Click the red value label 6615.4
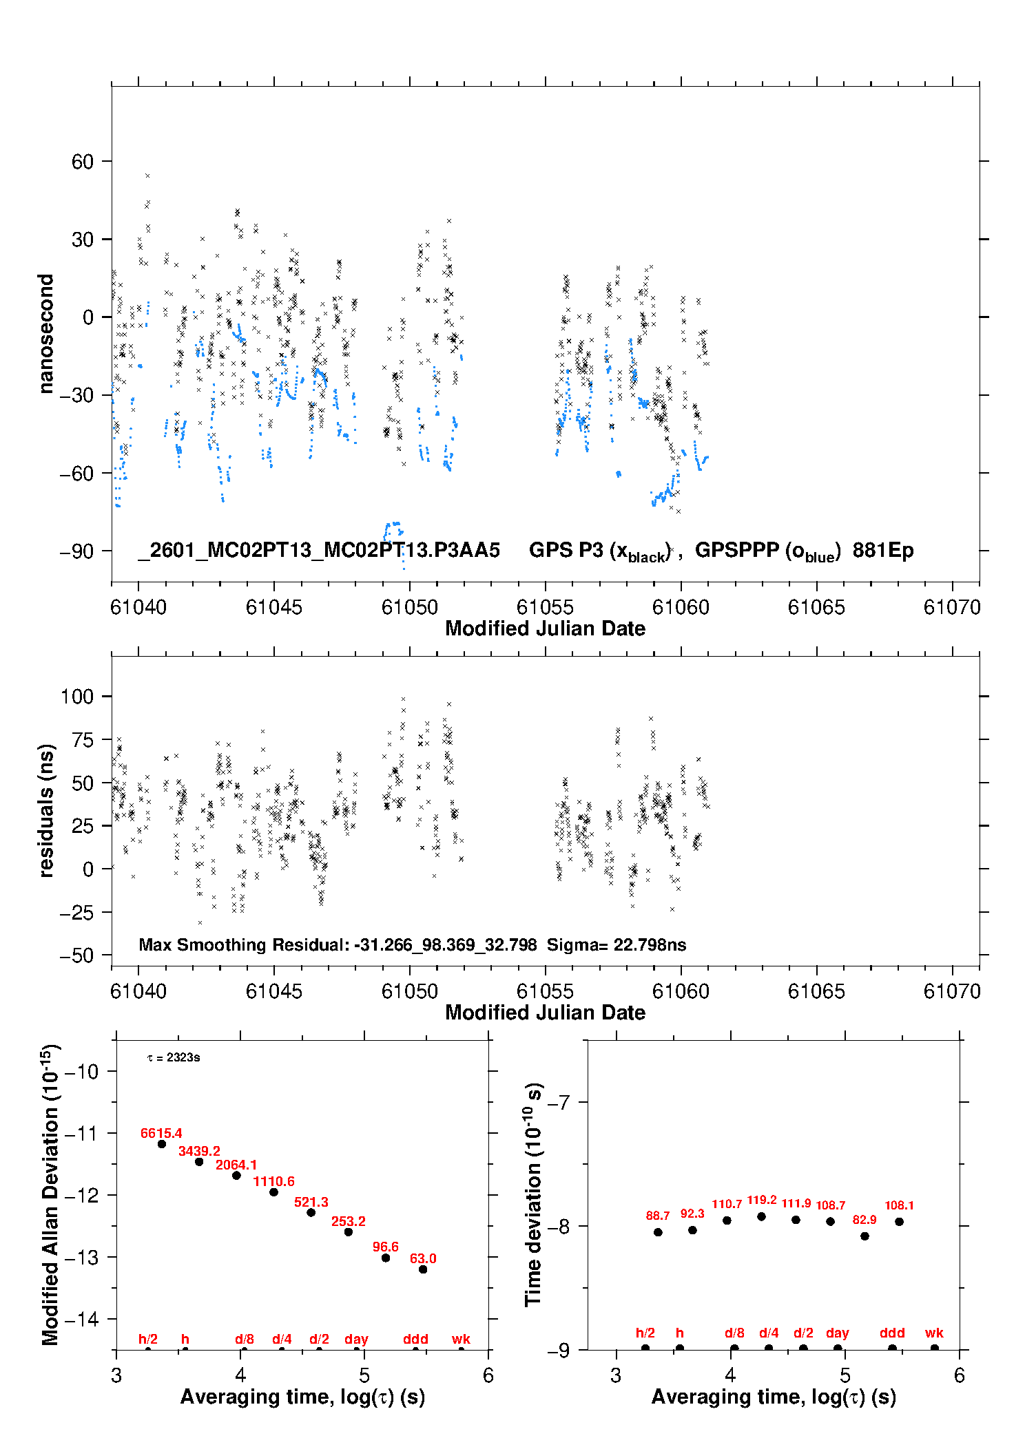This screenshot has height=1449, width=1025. click(x=161, y=1133)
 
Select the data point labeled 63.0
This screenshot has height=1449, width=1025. click(x=423, y=1269)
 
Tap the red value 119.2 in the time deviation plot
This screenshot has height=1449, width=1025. click(x=762, y=1200)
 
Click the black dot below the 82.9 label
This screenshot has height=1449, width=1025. click(x=865, y=1236)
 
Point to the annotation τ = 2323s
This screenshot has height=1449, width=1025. click(x=174, y=1057)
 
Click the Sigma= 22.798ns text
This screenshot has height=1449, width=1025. click(x=617, y=944)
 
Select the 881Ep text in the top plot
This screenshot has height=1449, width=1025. click(x=883, y=550)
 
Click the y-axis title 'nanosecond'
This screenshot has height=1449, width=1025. click(x=45, y=334)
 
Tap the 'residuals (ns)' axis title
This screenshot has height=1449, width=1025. click(x=45, y=810)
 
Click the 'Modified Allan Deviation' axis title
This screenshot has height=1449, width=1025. click(x=50, y=1194)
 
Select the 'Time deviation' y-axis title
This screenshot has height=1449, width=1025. click(x=534, y=1194)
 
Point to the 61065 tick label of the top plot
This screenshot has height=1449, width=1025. click(x=816, y=607)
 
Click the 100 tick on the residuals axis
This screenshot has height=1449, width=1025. click(x=77, y=697)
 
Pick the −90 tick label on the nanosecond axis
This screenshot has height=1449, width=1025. click(x=76, y=551)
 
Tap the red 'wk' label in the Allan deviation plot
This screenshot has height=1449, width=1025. click(x=461, y=1339)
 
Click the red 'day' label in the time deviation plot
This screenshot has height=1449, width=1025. click(x=838, y=1333)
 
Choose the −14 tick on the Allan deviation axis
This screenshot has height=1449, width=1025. click(x=81, y=1319)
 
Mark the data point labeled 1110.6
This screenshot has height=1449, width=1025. click(x=273, y=1192)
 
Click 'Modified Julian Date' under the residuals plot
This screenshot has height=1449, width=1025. click(x=545, y=1013)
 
